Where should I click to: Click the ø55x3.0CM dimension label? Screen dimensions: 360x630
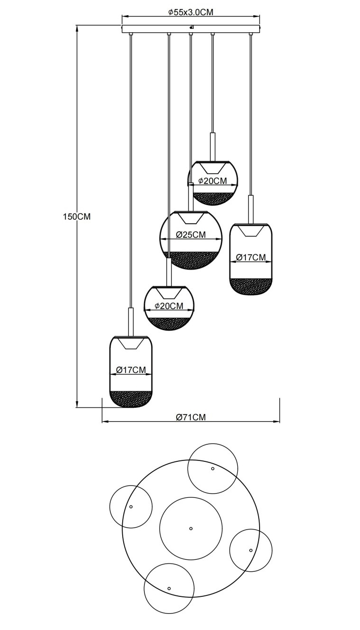191,12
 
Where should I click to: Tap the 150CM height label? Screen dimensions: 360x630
77,216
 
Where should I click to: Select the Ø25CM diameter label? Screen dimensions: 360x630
191,234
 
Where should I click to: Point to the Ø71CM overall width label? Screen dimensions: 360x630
191,417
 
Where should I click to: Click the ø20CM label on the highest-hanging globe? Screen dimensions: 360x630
212,181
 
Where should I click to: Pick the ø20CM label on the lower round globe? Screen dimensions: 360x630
169,306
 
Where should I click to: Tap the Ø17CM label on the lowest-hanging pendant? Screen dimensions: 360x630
131,370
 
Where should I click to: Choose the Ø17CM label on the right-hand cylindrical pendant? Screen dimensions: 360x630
251,257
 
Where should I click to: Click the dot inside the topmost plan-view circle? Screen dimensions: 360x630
213,468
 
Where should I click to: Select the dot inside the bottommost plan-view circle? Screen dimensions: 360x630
169,588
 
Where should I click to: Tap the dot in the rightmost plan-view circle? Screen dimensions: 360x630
251,550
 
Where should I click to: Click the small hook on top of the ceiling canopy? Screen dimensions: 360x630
191,27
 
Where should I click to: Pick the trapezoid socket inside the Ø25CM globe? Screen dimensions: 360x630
191,218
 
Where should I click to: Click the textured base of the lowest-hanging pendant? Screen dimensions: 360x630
131,398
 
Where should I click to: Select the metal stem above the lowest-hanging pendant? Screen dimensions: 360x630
131,322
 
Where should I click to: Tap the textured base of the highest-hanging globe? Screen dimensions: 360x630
213,199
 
